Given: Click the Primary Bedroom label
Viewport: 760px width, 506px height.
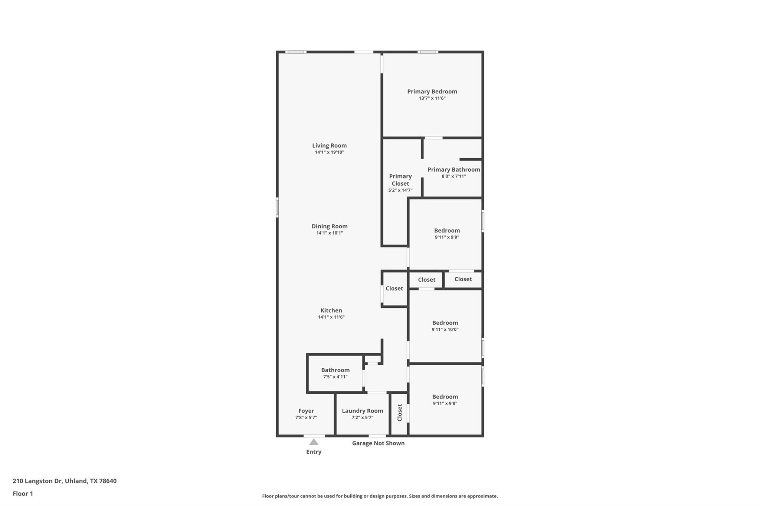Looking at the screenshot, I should pos(432,92).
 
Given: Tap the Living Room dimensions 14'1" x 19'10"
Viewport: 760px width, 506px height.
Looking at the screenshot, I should pos(330,152).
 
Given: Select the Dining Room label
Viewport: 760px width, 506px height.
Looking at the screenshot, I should pos(330,226).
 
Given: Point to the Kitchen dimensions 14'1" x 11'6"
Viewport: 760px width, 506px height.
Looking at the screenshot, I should pos(331,317).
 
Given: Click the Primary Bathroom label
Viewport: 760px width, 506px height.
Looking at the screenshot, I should pos(453,169).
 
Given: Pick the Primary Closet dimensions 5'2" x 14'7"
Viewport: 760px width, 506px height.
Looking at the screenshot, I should pos(400,191).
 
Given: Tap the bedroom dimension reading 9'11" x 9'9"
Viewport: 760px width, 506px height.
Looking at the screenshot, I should pos(447,237).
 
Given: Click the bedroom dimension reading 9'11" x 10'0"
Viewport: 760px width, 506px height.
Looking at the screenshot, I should pos(445,330).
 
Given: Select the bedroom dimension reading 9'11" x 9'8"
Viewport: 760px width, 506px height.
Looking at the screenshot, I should pos(445,404).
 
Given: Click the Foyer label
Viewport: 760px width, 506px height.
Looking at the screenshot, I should pos(306,411).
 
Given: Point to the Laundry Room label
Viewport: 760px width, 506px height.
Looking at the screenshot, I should pos(362,411).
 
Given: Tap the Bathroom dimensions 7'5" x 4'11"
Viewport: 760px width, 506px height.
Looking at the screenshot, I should pos(335,377).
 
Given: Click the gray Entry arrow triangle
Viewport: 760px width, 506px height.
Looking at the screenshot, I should pos(314,442).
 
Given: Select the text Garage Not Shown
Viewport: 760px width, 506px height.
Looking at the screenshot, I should pos(378,443).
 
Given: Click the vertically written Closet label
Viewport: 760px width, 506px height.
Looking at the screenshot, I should pos(400,413).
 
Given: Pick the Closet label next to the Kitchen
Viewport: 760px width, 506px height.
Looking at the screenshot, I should pos(394,288).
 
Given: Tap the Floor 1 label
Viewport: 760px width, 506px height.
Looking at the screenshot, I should pos(23,494).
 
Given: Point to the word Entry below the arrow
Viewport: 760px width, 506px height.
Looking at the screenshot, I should pos(314,452).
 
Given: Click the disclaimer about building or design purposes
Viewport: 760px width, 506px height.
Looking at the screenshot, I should pos(380,496).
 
